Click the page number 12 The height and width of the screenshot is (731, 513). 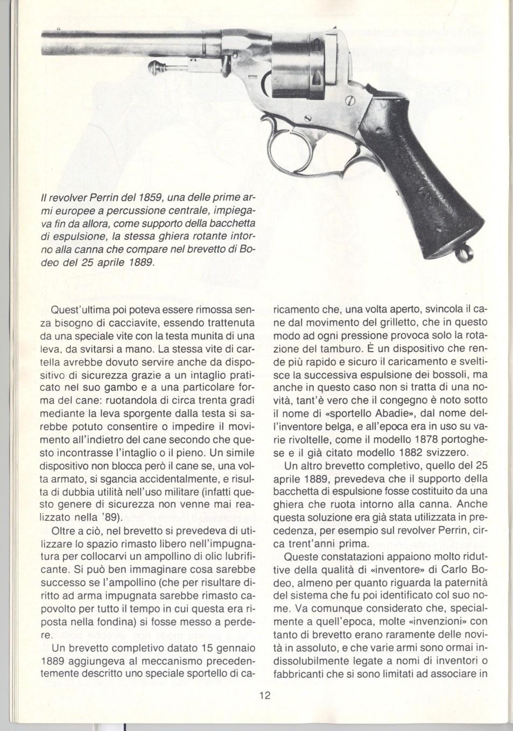point(264,695)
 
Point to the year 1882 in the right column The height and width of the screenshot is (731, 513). point(423,452)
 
